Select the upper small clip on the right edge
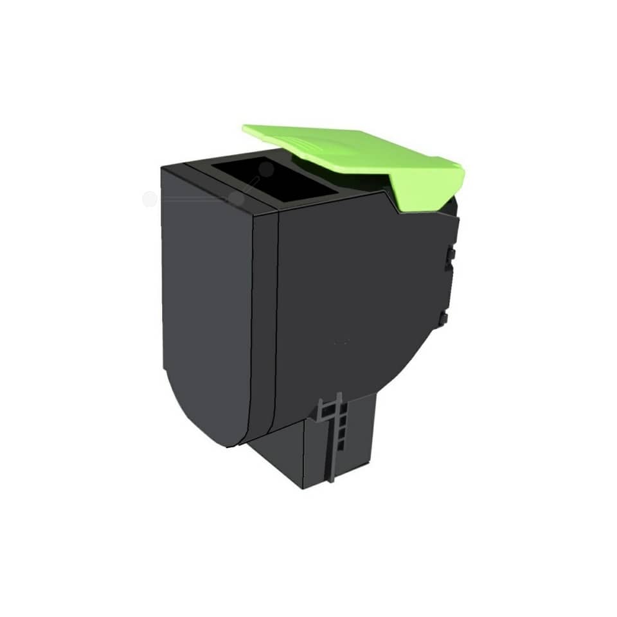point(451,255)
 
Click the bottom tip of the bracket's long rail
point(330,479)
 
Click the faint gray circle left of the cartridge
point(149,199)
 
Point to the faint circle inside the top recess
point(266,169)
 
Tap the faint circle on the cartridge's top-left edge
point(237,199)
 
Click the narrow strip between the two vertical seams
point(262,321)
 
